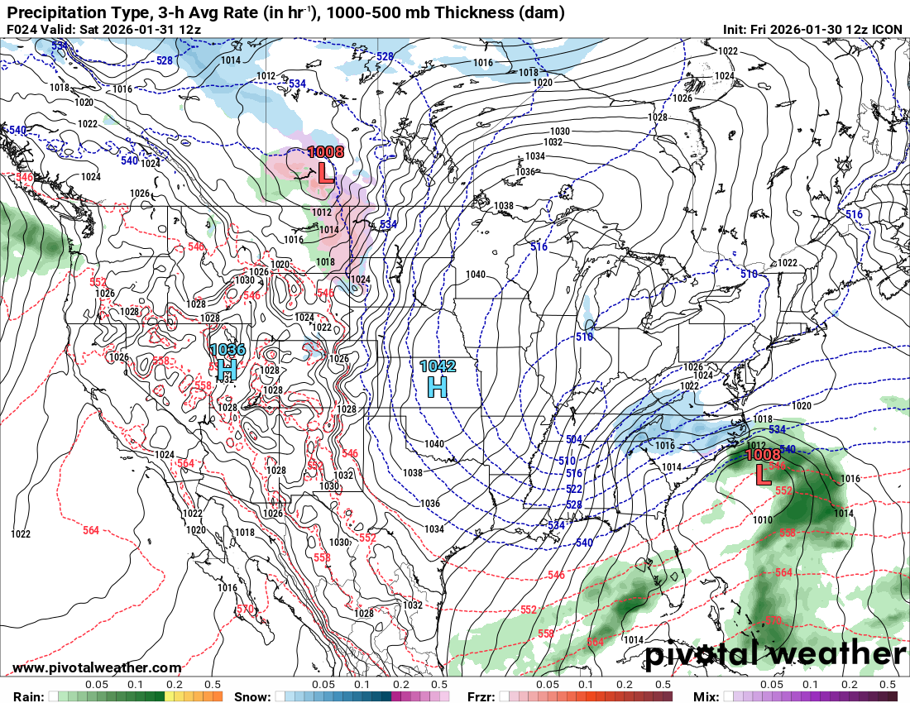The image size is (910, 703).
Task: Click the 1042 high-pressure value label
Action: (x=438, y=366)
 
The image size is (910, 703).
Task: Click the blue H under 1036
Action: (x=227, y=369)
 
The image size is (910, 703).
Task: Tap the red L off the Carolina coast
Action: (x=763, y=474)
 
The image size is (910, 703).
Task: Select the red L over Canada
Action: (x=326, y=173)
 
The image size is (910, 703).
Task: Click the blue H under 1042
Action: (x=438, y=385)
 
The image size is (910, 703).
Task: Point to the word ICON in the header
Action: (x=887, y=29)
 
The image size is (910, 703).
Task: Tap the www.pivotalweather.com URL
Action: (x=97, y=668)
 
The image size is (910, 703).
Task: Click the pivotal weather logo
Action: (x=774, y=655)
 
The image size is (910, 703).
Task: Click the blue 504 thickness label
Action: (x=573, y=439)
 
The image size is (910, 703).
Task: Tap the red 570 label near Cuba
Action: (x=772, y=619)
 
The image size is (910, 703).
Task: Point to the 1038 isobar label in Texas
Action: (x=414, y=473)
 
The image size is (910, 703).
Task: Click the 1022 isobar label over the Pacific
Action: (x=21, y=533)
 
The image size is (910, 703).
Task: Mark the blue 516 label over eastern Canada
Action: (x=854, y=214)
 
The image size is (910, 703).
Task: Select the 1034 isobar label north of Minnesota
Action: (x=534, y=156)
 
